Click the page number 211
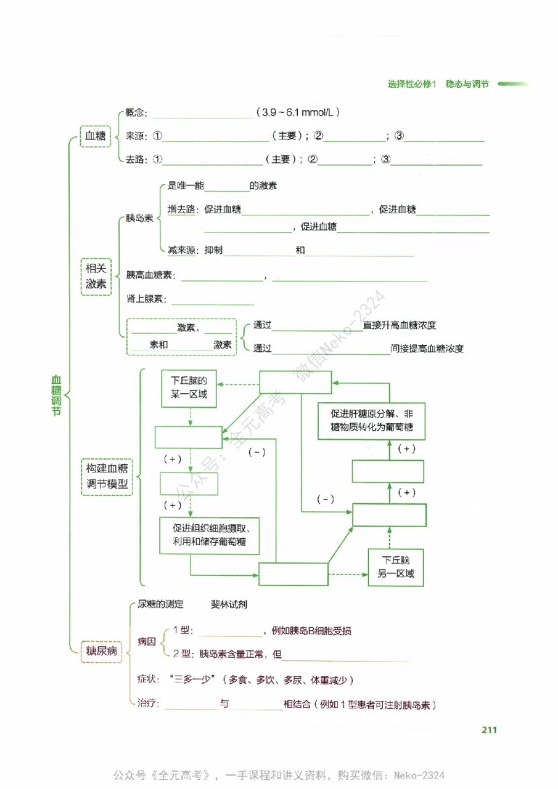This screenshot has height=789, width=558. pos(488,730)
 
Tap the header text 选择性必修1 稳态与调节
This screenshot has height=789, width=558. pos(438,84)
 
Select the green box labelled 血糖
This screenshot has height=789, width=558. pos(95,137)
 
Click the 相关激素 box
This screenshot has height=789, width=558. pos(96,276)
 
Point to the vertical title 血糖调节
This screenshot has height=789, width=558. pos(56,396)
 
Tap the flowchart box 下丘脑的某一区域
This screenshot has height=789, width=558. pos(189,389)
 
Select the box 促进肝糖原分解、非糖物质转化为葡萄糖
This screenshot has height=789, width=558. pos(372,420)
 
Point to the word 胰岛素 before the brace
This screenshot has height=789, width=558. pos(139,219)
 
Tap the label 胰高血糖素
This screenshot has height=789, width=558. pos(150,275)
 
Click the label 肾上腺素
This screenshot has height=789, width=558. pos(146,299)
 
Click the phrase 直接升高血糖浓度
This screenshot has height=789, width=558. pos(400,325)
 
